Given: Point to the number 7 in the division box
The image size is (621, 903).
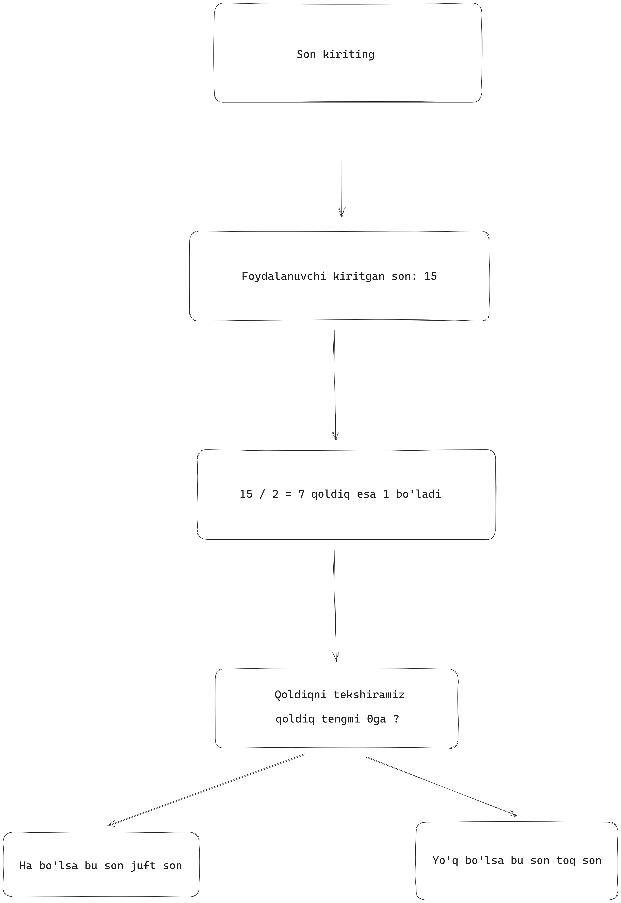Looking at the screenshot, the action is (301, 494).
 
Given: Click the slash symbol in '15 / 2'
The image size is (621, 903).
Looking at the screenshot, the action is (262, 494).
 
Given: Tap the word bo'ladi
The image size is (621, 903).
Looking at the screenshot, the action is (419, 494).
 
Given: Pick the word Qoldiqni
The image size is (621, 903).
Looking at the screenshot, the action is (301, 695).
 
